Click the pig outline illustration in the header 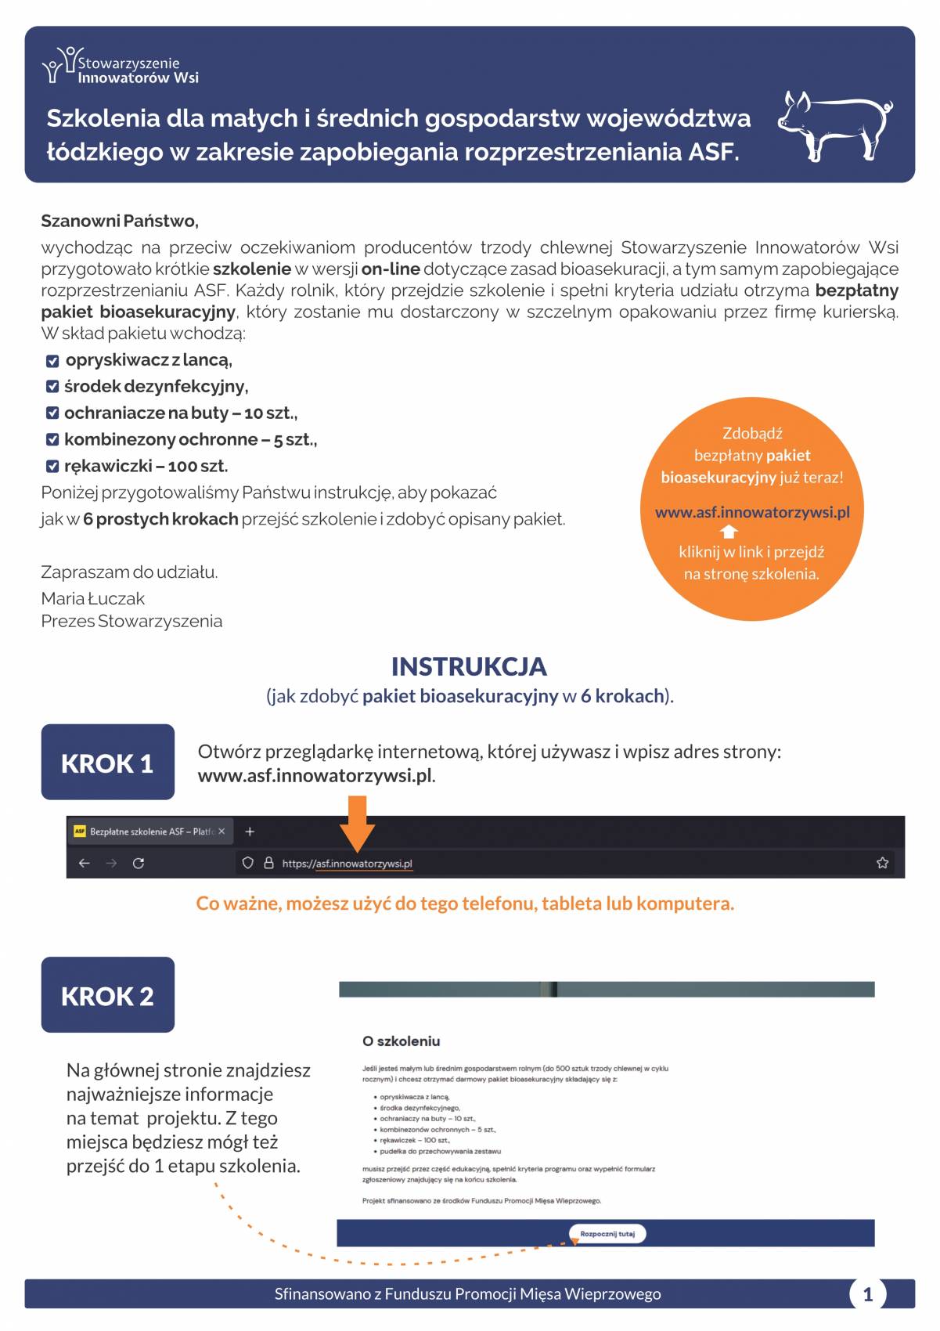click(834, 125)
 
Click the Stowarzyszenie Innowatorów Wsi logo click(121, 67)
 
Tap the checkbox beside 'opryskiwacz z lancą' click(52, 361)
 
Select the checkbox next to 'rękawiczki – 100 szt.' click(52, 467)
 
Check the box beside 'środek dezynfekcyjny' click(52, 387)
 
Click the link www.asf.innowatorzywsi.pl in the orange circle click(751, 512)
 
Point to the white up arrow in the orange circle click(729, 532)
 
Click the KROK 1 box click(107, 763)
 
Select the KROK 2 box click(107, 995)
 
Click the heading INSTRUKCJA click(469, 666)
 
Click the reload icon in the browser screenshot click(139, 863)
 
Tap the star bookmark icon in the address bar click(882, 863)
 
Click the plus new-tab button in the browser click(250, 831)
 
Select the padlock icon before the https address click(268, 863)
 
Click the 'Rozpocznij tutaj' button click(607, 1234)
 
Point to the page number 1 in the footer click(867, 1294)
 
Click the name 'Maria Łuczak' click(92, 599)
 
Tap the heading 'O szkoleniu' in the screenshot click(401, 1041)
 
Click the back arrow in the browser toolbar click(85, 863)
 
